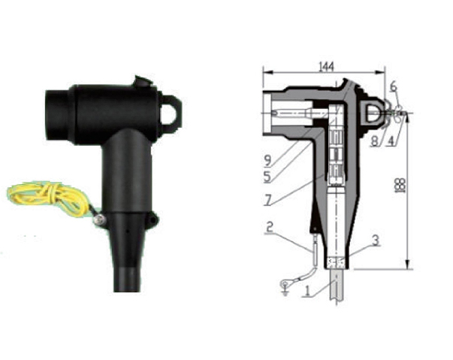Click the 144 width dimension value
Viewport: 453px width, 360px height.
[x=327, y=67]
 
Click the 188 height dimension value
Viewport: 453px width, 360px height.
[x=402, y=185]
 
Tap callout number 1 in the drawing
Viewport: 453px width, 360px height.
[x=307, y=290]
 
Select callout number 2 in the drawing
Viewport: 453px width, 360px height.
[x=269, y=227]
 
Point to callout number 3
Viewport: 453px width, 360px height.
[x=376, y=241]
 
